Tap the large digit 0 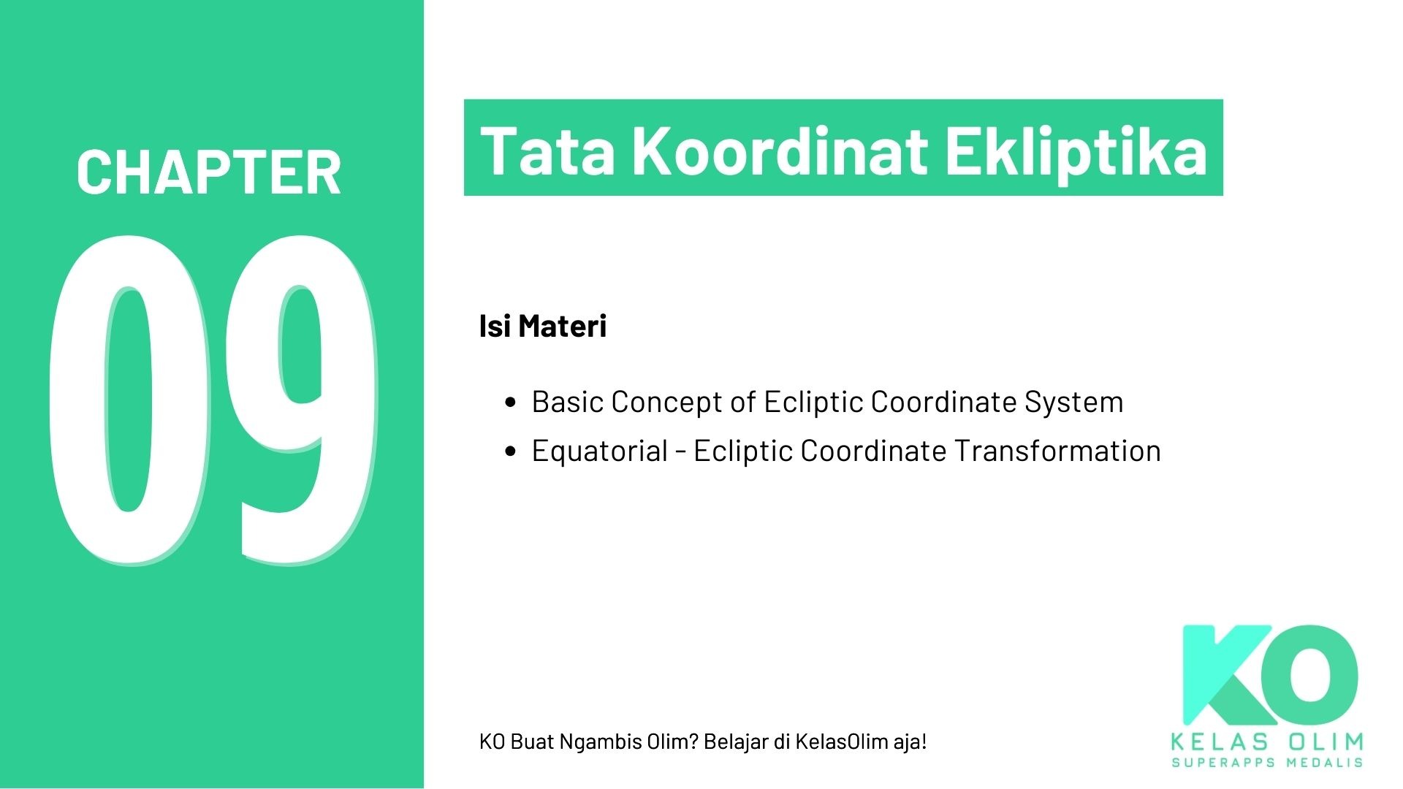click(x=129, y=398)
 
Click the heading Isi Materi click(x=542, y=326)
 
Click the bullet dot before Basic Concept click(x=511, y=403)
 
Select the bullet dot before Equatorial click(x=511, y=451)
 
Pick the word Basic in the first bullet click(x=567, y=402)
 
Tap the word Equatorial click(x=599, y=451)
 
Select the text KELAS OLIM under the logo click(x=1266, y=742)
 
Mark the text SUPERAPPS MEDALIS click(x=1266, y=763)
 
